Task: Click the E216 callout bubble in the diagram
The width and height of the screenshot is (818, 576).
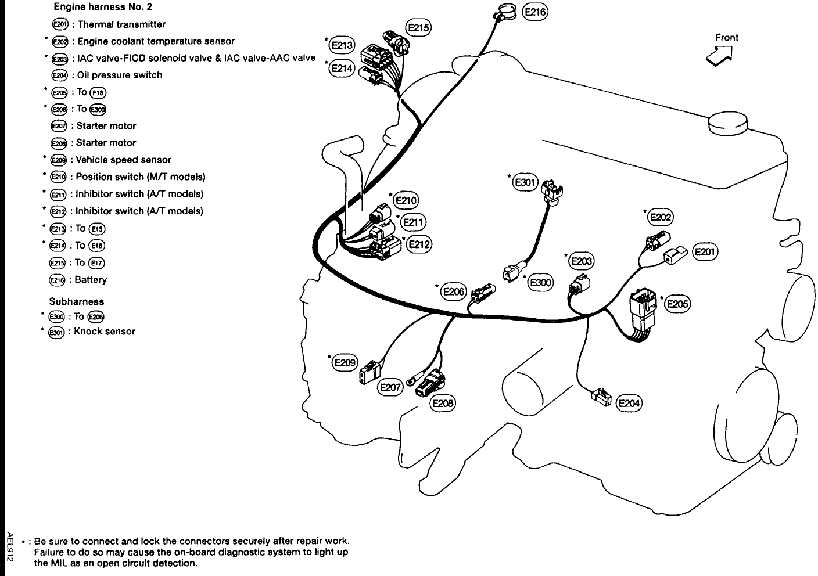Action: (535, 12)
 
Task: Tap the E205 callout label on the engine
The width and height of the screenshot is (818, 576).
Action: (677, 304)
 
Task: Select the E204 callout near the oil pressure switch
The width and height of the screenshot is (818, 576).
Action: (629, 403)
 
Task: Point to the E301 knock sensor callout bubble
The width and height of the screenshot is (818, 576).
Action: (524, 182)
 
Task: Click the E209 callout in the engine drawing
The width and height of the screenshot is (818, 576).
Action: (344, 362)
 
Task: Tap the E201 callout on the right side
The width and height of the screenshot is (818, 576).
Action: (705, 251)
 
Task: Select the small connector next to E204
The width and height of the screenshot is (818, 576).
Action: (601, 397)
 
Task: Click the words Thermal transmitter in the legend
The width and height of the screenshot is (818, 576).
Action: (121, 24)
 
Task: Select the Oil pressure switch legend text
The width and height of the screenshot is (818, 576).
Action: (120, 75)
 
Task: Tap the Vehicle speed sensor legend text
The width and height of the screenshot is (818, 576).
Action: (124, 160)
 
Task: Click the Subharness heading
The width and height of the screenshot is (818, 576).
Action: (77, 301)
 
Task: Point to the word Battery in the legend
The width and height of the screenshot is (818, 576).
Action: (91, 280)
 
